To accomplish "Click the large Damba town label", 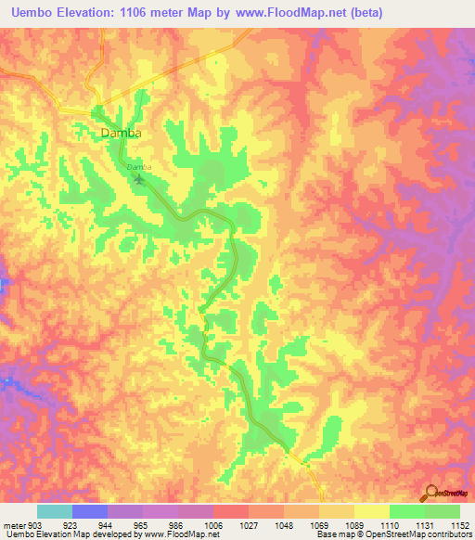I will coord(121,133).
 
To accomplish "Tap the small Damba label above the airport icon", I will coord(138,166).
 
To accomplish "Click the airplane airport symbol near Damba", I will coord(140,178).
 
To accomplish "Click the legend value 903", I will coord(35,523).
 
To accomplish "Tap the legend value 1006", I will coord(212,523).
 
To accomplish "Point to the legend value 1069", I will coord(318,523).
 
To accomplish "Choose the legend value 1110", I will coord(389,523).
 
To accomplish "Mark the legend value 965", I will coord(142,523).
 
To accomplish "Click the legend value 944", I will coord(107,523).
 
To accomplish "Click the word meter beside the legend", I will coord(12,523).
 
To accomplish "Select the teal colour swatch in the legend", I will coord(54,511).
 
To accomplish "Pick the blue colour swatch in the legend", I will coord(89,511).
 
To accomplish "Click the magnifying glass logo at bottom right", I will coord(432,493).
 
